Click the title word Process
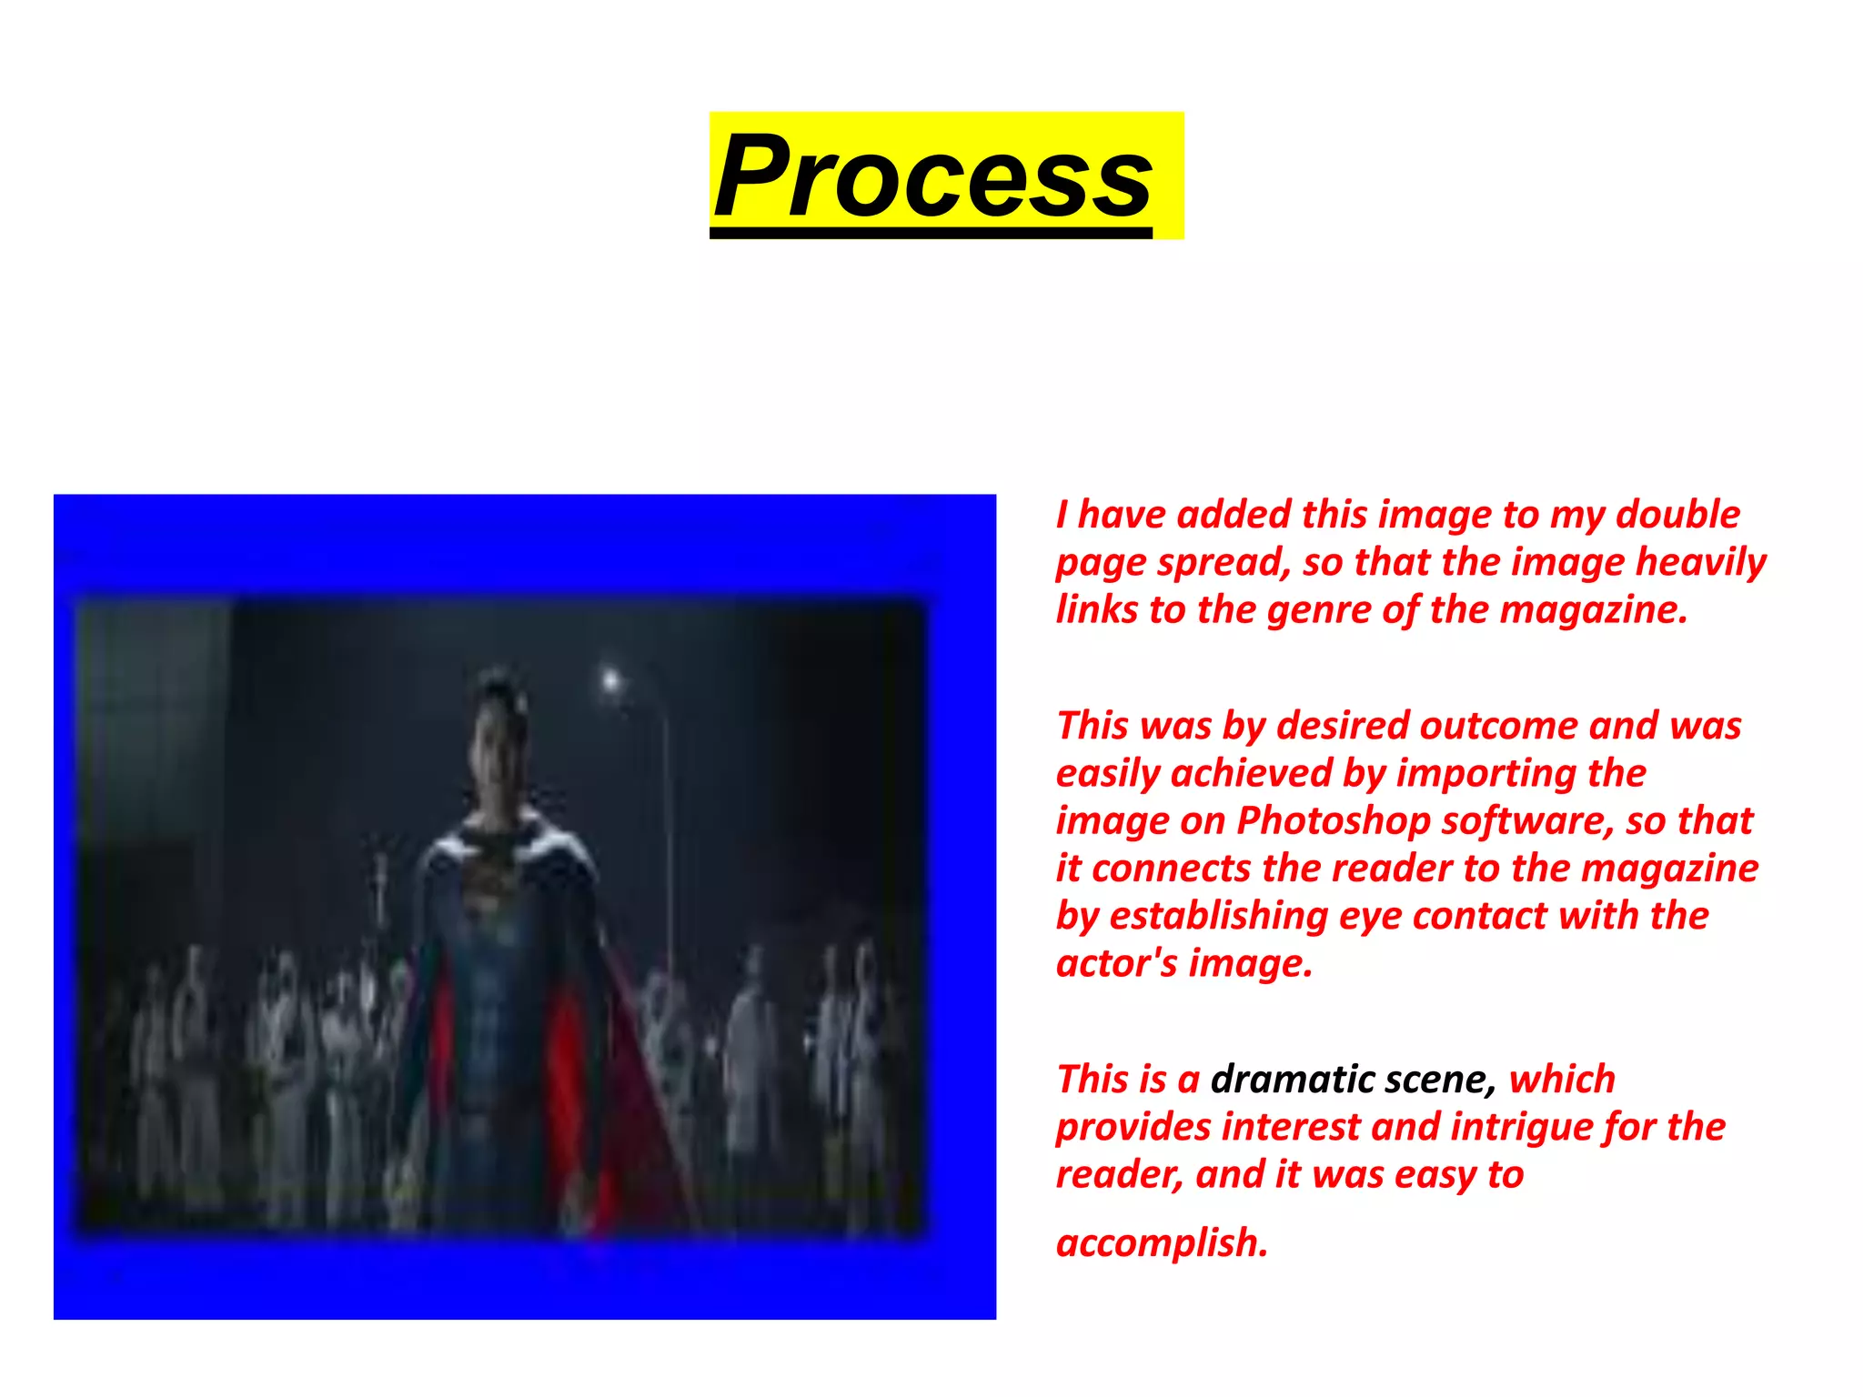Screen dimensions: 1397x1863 point(932,176)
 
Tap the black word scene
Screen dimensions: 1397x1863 point(1440,1080)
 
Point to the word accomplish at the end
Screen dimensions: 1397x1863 point(1161,1243)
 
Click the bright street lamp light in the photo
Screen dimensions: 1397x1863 point(610,679)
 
